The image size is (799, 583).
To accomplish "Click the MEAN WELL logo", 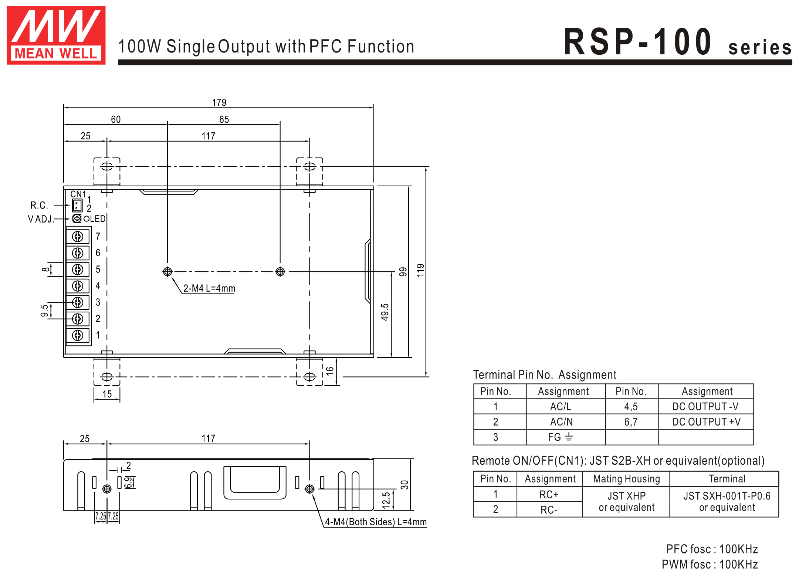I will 56,35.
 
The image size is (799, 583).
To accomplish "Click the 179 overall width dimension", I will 219,102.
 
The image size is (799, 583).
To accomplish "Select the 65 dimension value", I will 224,119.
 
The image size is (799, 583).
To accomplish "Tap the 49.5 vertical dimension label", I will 385,312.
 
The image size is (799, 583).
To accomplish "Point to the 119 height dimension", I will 420,270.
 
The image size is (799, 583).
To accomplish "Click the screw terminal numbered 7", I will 78,237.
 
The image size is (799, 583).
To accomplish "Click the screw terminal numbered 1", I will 78,335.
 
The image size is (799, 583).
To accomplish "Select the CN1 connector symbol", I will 77,205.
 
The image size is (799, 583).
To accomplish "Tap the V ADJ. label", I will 41,219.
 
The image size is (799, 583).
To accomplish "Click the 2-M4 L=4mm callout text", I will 209,288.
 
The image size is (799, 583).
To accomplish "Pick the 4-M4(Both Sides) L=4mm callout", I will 375,522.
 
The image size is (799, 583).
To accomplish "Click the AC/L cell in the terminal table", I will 561,407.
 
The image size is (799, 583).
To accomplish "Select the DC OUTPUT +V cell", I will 706,422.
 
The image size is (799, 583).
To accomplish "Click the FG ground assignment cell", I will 561,437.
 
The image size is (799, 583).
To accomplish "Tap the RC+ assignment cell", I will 549,495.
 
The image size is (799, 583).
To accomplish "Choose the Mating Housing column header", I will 626,479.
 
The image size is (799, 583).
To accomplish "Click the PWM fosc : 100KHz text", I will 710,565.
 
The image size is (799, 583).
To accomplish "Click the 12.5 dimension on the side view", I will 386,500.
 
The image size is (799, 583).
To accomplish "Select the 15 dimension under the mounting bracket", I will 107,394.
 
